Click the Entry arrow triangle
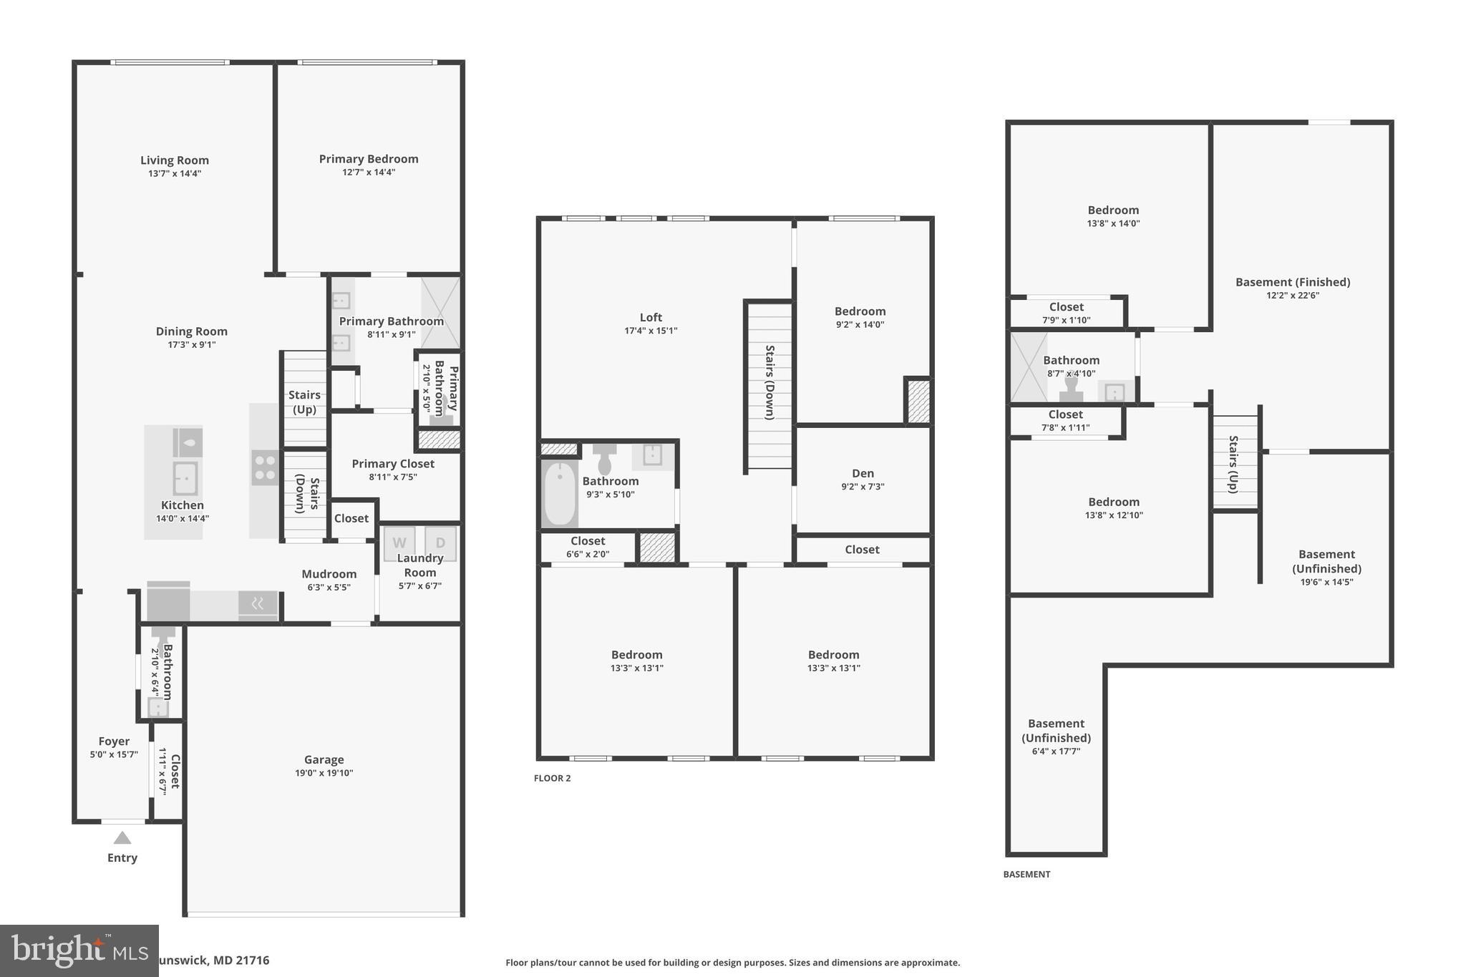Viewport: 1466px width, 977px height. click(x=122, y=837)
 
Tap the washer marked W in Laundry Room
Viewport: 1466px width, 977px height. click(x=399, y=543)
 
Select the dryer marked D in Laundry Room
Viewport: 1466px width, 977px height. click(x=440, y=543)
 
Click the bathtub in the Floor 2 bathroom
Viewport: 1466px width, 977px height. click(x=560, y=494)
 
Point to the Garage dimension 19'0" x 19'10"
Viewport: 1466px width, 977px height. click(x=324, y=773)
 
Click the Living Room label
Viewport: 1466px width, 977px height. click(x=174, y=160)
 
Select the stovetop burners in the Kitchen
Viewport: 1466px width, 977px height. click(x=265, y=467)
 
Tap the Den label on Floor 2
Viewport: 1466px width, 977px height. click(x=863, y=473)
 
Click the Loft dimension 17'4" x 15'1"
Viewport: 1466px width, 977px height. click(x=650, y=331)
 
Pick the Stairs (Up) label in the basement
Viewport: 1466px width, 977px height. click(x=1233, y=464)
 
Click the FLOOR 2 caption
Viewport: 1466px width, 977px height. click(x=552, y=778)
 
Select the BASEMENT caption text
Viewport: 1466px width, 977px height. click(x=1026, y=874)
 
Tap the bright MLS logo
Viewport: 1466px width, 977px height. click(x=79, y=951)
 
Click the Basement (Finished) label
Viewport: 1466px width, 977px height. click(x=1292, y=282)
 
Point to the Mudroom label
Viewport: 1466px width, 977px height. click(x=329, y=574)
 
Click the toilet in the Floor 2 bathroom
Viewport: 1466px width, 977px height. click(x=605, y=458)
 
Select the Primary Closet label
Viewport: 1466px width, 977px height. click(x=393, y=464)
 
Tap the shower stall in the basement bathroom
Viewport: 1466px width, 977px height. click(x=1028, y=366)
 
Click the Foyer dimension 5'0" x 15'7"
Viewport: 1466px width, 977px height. click(x=113, y=754)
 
